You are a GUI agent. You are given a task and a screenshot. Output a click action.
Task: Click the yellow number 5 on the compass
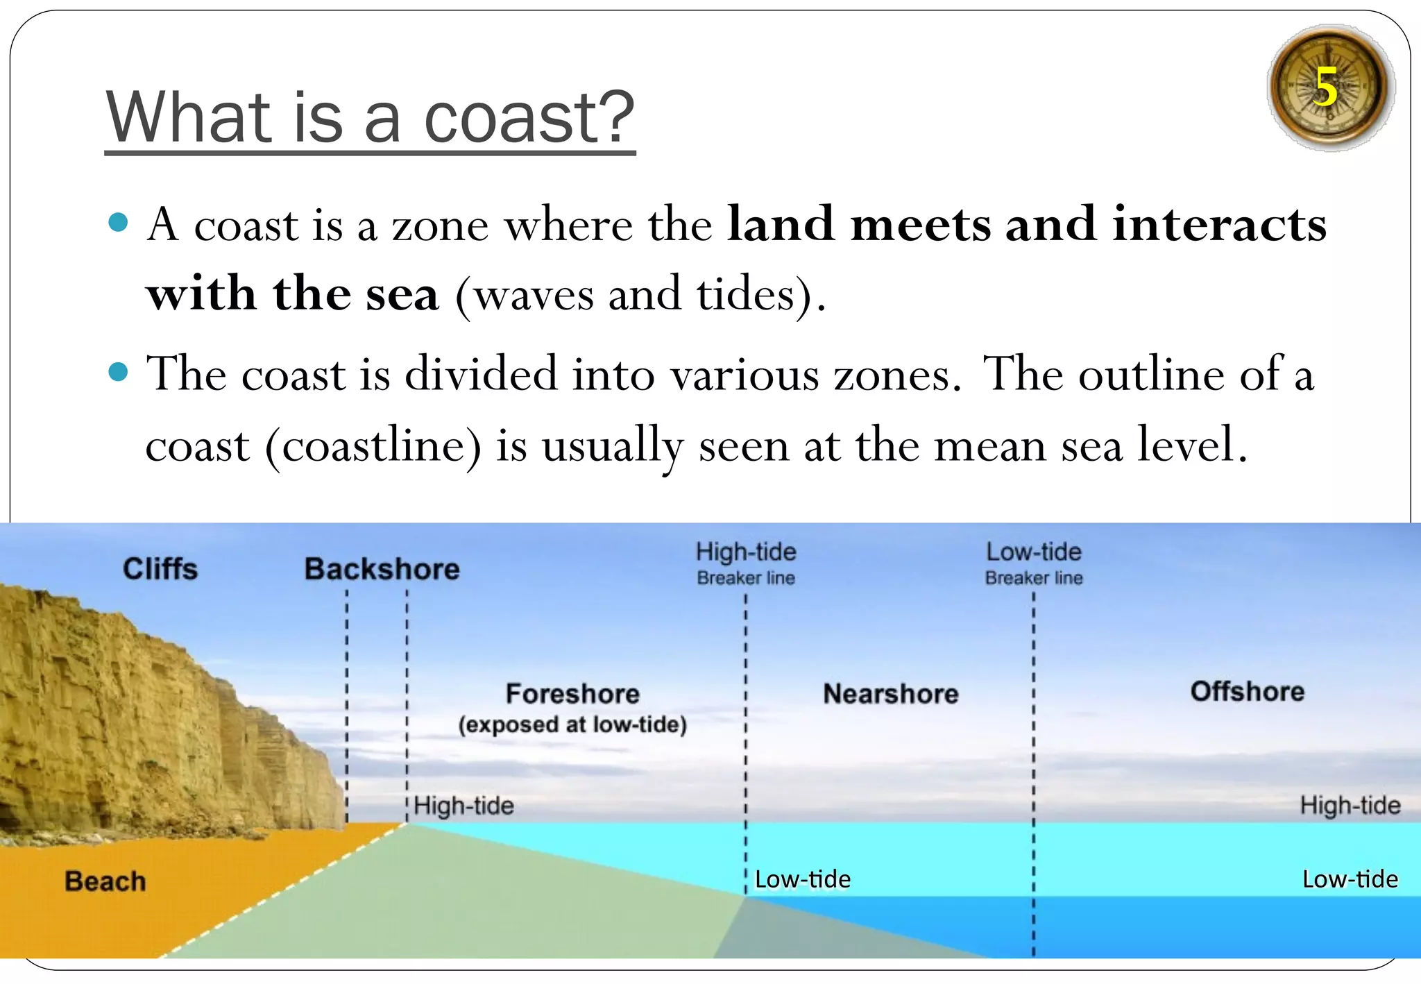tap(1325, 87)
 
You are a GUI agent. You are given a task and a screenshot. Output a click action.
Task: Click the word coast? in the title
tap(529, 118)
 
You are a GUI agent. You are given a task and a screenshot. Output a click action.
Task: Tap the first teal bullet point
tap(119, 223)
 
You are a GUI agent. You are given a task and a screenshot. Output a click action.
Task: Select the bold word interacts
tap(1219, 225)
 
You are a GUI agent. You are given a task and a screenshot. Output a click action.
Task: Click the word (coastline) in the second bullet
tap(373, 446)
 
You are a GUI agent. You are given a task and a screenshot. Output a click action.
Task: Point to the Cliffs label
tap(160, 569)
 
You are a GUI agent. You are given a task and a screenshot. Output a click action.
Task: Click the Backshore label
tap(382, 569)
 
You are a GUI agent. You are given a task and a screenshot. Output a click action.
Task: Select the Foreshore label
tap(572, 693)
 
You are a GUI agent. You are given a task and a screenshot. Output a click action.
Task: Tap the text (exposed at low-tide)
tap(572, 724)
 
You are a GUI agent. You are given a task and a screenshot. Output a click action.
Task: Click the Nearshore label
tap(890, 693)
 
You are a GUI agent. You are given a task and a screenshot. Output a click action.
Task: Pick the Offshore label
tap(1247, 691)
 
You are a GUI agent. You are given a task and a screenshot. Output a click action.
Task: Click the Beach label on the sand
tap(105, 881)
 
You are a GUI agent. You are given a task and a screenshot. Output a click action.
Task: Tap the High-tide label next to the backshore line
tap(464, 806)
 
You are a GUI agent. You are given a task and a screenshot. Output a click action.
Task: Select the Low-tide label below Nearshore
tap(802, 879)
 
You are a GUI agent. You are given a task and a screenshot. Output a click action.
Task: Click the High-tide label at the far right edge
tap(1350, 805)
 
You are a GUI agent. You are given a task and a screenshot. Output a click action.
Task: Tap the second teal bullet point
tap(119, 373)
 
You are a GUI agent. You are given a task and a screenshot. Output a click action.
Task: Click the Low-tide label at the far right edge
tap(1350, 879)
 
